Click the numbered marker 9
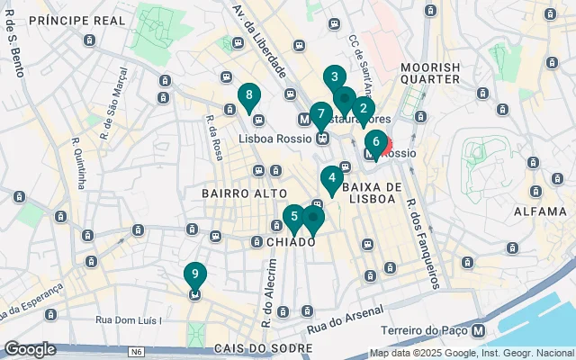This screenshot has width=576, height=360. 194,274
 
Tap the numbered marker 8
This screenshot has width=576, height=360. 248,95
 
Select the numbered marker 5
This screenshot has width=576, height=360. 293,217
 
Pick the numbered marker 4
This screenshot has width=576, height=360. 332,178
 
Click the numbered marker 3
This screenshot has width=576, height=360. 334,77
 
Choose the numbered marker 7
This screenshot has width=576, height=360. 320,115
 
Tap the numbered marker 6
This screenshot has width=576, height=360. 375,141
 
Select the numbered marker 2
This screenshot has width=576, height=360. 363,110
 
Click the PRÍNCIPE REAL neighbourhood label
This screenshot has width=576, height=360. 76,20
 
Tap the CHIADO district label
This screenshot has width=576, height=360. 290,242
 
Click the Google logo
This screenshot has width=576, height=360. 30,348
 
